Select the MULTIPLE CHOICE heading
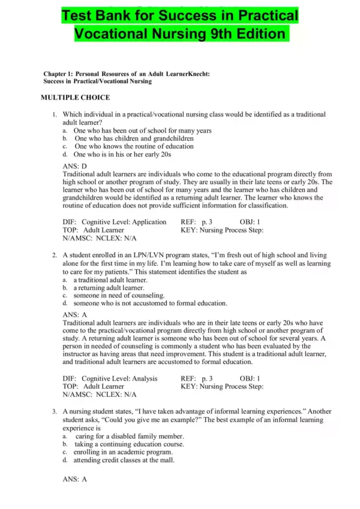[75, 97]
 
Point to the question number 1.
[54, 114]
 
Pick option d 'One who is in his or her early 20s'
[122, 154]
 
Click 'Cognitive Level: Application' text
[124, 222]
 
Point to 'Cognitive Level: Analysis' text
[119, 378]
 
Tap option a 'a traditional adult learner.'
[110, 280]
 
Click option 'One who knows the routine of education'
[133, 146]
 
